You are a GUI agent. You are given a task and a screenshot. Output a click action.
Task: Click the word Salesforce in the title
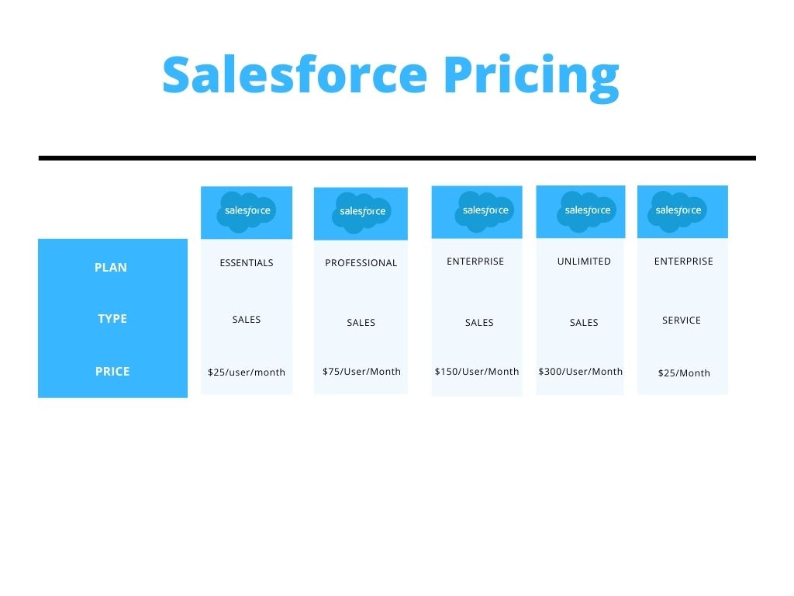tap(295, 74)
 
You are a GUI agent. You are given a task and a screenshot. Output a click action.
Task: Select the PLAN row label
tap(111, 268)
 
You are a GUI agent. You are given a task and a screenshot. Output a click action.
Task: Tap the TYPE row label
tap(112, 319)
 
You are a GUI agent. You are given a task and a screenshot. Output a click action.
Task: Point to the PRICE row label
tap(112, 372)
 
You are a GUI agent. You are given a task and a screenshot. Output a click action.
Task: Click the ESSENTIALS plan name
tap(247, 263)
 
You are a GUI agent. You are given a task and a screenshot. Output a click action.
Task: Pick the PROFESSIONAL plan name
tap(361, 263)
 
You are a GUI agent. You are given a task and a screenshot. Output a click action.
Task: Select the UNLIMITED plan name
tap(584, 262)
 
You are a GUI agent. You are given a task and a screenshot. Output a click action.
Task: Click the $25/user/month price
tap(247, 372)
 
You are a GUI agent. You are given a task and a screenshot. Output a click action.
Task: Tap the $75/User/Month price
tap(361, 372)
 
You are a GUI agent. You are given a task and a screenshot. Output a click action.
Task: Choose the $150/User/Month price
tap(477, 372)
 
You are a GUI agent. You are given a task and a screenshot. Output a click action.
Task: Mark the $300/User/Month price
tap(581, 372)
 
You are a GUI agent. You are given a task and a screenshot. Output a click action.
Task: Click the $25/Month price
tap(684, 373)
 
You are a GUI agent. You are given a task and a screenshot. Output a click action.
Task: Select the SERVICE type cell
tap(682, 321)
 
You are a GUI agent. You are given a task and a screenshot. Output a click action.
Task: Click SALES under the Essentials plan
tap(247, 320)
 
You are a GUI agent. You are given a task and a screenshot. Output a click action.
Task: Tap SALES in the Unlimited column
tap(584, 323)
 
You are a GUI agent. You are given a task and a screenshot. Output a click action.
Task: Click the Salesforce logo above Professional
tap(361, 213)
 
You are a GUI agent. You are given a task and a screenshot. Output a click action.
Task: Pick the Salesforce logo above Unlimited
tap(586, 212)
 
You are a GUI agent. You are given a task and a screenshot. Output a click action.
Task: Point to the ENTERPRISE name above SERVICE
tap(684, 262)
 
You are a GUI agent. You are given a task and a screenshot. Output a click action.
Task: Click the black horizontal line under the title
tap(397, 158)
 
